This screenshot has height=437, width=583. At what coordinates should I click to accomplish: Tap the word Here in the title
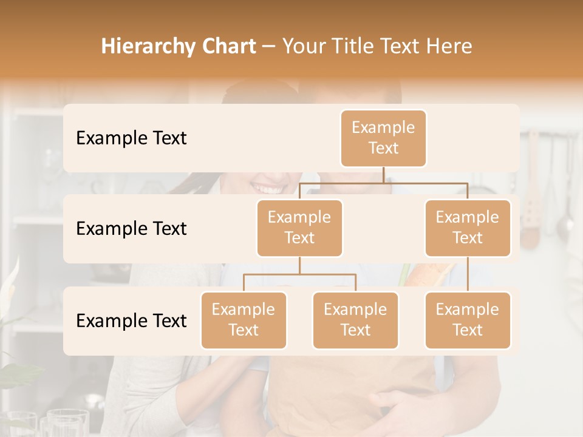(449, 47)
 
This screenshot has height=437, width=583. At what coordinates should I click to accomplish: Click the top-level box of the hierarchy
(383, 138)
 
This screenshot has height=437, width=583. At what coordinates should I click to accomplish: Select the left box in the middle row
(299, 228)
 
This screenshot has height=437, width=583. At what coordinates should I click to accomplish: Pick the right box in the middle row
(468, 228)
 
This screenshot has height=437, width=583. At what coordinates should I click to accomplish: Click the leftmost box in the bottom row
(244, 320)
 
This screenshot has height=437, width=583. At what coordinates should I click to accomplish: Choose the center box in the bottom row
(355, 320)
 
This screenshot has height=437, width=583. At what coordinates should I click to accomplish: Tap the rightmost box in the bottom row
(468, 320)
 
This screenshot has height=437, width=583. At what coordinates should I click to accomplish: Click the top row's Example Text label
(131, 138)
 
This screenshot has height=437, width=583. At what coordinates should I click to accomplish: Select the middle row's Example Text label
(131, 229)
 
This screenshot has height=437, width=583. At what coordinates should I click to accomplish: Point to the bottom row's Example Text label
(131, 320)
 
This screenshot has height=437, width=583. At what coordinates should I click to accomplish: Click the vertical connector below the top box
(383, 175)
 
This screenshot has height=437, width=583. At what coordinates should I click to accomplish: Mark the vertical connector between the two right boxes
(468, 274)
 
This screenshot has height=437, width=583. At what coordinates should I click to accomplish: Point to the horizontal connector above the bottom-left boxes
(299, 274)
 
